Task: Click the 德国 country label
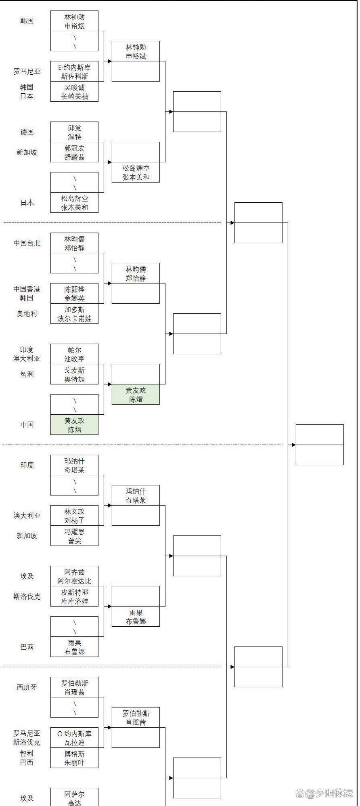pos(27,132)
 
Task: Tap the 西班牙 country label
pos(27,687)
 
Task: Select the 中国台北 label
pos(27,243)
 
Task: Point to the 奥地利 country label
pos(27,314)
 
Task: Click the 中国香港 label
pos(27,289)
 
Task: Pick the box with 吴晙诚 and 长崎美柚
pos(74,92)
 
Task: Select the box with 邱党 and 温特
pos(74,132)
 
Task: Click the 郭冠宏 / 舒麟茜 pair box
pos(74,152)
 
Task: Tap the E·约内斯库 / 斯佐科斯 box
pos(74,71)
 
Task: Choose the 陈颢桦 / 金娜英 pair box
pos(74,294)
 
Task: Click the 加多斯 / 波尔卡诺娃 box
pos(74,314)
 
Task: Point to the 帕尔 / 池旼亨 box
pos(74,354)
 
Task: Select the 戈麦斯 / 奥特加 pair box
pos(74,374)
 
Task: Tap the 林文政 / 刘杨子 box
pos(74,516)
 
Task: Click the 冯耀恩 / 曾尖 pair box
pos(74,536)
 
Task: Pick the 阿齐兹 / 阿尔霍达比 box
pos(74,576)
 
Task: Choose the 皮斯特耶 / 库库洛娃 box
pos(74,596)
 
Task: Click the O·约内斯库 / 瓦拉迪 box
pos(74,738)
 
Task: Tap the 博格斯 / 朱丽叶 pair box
pos(74,758)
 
